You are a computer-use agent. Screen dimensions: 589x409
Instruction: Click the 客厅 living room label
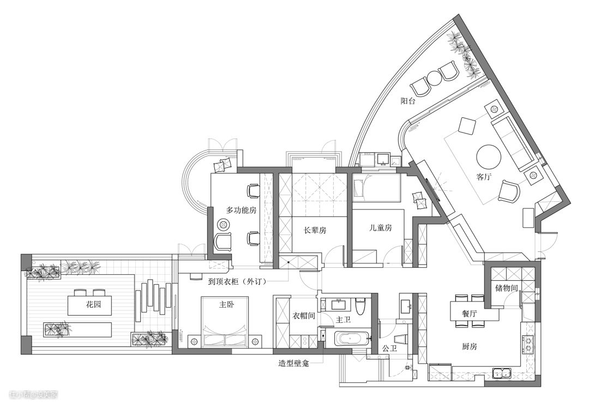click(x=484, y=177)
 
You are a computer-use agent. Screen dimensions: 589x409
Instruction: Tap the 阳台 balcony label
click(x=407, y=101)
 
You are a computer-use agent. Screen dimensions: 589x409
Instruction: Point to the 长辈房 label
click(x=315, y=230)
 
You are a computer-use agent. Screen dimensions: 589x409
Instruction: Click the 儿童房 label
click(x=381, y=227)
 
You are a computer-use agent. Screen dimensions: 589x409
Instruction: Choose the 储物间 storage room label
click(x=507, y=288)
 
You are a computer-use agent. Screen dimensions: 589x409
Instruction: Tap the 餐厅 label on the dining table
click(x=470, y=313)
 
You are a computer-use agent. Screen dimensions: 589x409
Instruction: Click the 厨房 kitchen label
click(x=470, y=346)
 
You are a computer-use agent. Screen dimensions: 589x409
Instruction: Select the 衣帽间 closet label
click(x=304, y=316)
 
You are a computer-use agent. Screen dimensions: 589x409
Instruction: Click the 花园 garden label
click(x=94, y=304)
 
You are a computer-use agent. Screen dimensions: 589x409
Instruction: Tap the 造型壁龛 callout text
click(x=294, y=364)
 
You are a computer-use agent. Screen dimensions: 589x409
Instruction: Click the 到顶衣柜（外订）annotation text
click(x=237, y=281)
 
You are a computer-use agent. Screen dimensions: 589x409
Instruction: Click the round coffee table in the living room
click(x=489, y=157)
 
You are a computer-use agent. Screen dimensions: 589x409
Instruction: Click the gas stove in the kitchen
click(x=528, y=345)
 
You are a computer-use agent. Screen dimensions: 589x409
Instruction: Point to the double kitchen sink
click(x=502, y=374)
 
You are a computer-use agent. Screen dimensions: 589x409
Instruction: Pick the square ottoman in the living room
click(x=467, y=125)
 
